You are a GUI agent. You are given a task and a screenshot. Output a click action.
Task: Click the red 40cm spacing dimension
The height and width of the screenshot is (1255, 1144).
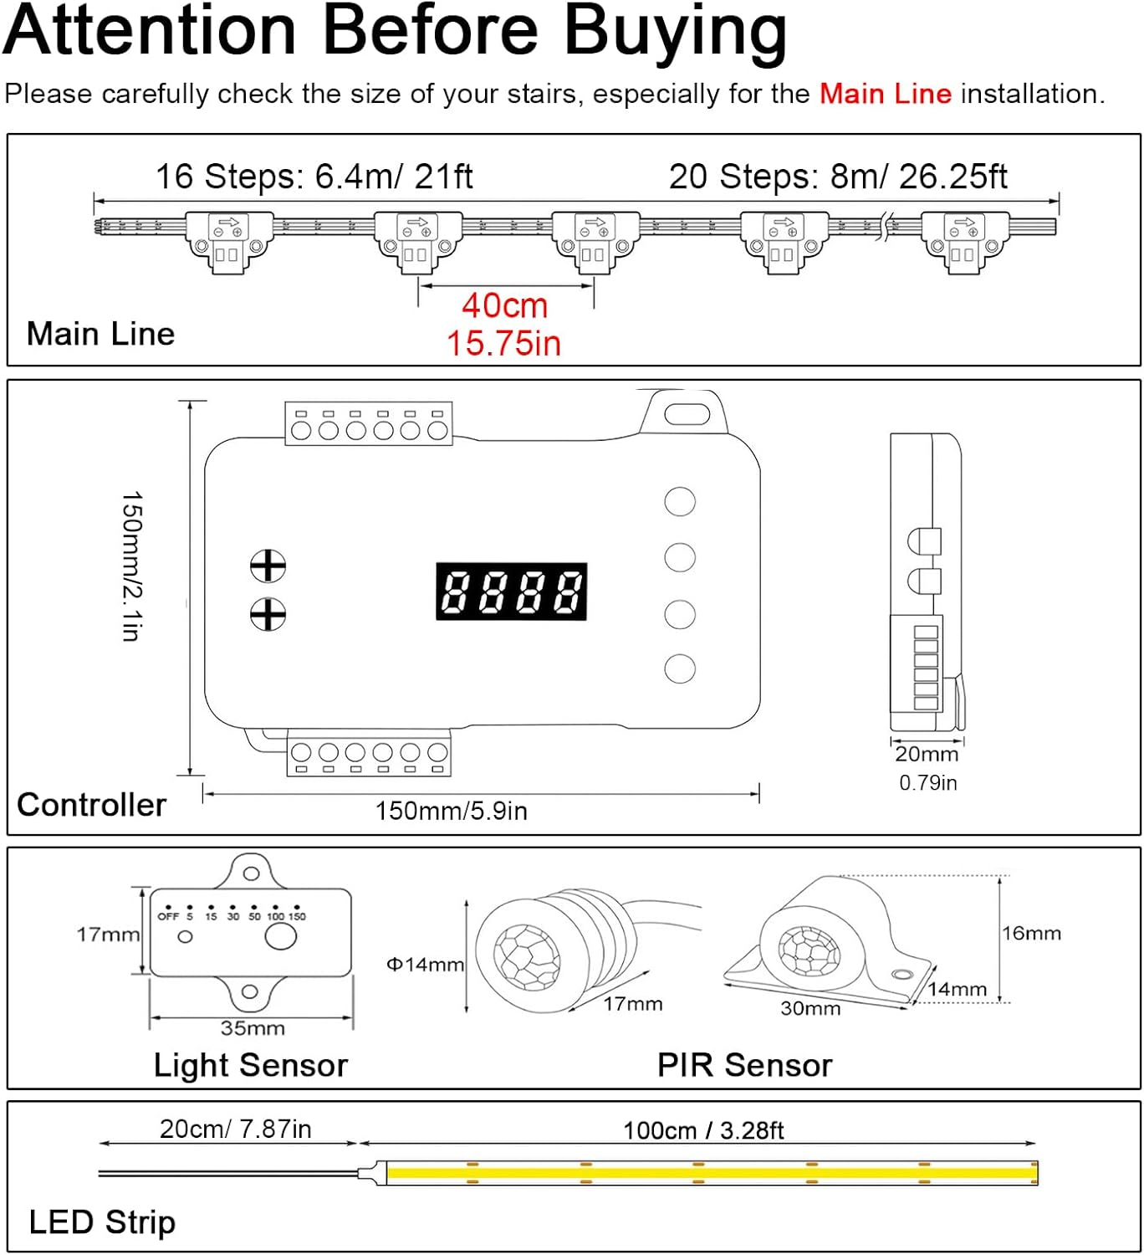504,306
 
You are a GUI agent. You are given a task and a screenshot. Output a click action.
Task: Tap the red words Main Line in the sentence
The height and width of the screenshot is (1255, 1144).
885,94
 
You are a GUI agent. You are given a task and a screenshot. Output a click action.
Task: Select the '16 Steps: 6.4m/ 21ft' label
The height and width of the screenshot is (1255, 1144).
314,177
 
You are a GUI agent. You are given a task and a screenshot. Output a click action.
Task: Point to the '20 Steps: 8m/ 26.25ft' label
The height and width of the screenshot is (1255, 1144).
838,177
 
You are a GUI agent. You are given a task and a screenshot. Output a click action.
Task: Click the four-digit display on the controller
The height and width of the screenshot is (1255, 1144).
511,592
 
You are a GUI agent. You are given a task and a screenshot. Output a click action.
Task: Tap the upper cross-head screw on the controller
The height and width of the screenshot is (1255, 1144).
268,566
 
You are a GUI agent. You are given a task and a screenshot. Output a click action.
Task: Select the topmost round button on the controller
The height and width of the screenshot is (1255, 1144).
679,502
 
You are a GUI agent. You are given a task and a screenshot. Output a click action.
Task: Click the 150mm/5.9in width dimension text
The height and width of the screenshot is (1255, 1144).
451,811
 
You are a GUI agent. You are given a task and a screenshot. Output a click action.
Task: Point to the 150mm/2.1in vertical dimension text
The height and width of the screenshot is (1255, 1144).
132,566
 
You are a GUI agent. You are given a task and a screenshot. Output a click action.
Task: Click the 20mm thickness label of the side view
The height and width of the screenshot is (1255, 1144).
927,754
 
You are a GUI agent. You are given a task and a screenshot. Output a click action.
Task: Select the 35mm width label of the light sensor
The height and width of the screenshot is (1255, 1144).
253,1028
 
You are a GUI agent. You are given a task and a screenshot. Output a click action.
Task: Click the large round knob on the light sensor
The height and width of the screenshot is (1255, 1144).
280,936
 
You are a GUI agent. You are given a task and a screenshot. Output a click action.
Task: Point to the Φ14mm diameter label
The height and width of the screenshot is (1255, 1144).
425,965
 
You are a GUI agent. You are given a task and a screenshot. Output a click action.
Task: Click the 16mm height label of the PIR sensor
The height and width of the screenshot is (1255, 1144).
1031,933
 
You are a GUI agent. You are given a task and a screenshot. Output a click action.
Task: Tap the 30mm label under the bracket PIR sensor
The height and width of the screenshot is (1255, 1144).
809,1008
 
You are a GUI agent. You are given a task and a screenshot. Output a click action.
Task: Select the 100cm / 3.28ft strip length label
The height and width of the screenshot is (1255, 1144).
702,1130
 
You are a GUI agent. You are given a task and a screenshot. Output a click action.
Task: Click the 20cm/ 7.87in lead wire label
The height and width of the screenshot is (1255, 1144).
235,1129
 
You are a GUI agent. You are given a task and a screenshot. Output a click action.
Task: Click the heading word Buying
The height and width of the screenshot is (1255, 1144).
674,32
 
